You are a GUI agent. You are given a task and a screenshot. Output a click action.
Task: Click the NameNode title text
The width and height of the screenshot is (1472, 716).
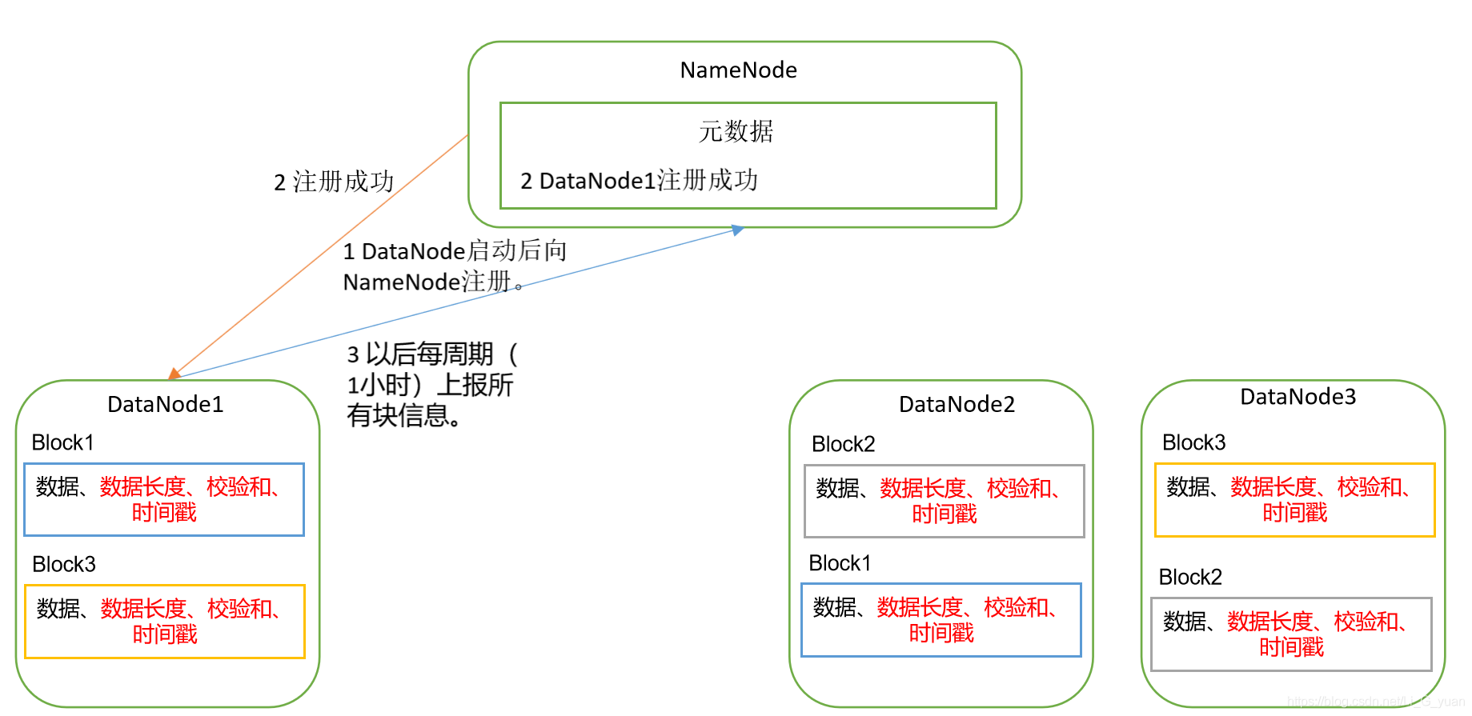point(738,70)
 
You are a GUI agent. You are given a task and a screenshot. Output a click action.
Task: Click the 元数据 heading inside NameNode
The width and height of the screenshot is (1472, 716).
point(736,131)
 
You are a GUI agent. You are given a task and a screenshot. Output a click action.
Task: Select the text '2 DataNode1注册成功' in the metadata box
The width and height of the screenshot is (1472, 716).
point(639,181)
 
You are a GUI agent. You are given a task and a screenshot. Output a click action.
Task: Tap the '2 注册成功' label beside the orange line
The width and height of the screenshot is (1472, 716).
point(334,182)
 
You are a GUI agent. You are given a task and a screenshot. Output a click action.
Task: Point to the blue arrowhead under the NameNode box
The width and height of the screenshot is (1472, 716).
point(737,230)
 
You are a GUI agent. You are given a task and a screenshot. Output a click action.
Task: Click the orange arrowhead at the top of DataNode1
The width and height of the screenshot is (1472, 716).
point(174,374)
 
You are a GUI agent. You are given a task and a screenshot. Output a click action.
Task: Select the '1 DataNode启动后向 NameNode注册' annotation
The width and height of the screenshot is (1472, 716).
point(454,266)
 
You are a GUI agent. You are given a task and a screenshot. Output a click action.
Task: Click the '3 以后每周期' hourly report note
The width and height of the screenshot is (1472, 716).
point(432,385)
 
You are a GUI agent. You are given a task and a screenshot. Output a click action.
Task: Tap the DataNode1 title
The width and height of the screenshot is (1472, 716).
point(165,404)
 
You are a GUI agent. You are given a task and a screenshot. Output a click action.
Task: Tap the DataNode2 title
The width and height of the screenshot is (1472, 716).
point(957,404)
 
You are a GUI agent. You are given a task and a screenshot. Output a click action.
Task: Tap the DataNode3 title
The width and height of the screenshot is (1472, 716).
point(1298,397)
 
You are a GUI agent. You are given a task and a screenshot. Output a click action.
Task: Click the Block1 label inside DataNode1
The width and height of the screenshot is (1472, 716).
point(62,442)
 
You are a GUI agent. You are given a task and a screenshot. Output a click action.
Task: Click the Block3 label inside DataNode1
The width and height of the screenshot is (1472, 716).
point(63,564)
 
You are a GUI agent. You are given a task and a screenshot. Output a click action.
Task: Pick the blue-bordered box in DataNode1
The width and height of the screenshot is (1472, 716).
point(164,499)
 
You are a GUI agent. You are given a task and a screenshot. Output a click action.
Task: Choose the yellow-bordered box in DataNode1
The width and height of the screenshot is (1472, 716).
point(164,622)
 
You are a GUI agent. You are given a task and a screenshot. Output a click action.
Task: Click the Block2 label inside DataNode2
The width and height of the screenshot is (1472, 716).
point(843,444)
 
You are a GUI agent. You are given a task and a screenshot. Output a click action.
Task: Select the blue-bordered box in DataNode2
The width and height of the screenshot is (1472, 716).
point(941,620)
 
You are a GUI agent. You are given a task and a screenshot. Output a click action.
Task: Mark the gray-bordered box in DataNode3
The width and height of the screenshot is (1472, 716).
point(1290,634)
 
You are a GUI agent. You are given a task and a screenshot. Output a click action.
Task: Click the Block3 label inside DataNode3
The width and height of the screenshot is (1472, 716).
point(1193,442)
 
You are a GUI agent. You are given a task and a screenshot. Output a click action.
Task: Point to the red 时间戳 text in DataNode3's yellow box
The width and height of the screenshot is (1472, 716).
point(1294,513)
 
